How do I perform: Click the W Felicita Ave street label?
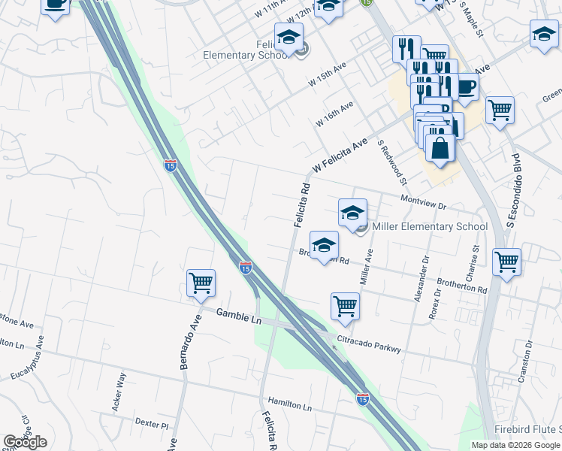pyautogui.click(x=340, y=154)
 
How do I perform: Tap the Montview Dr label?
pyautogui.click(x=424, y=201)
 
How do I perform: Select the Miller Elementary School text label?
pyautogui.click(x=429, y=226)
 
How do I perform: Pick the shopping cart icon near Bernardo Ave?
pyautogui.click(x=201, y=284)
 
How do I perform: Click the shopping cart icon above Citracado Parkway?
pyautogui.click(x=345, y=306)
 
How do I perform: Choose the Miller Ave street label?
pyautogui.click(x=367, y=268)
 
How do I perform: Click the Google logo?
pyautogui.click(x=25, y=442)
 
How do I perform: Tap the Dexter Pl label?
pyautogui.click(x=153, y=424)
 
